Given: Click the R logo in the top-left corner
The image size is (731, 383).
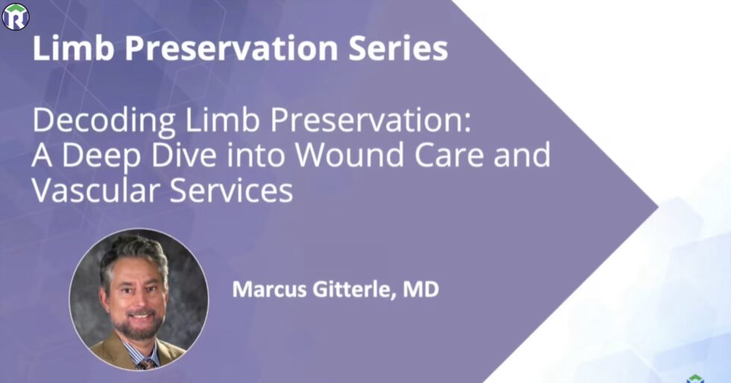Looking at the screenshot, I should [15, 16].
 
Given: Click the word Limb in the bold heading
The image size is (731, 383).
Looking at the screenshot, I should [69, 48].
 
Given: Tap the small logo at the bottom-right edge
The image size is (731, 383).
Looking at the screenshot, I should [694, 378].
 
